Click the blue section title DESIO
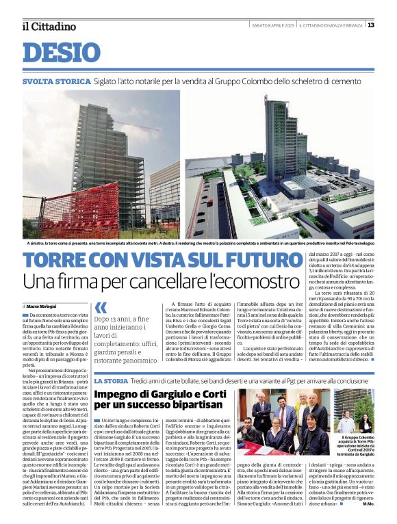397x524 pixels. point(61,53)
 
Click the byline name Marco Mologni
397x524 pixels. point(42,305)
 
